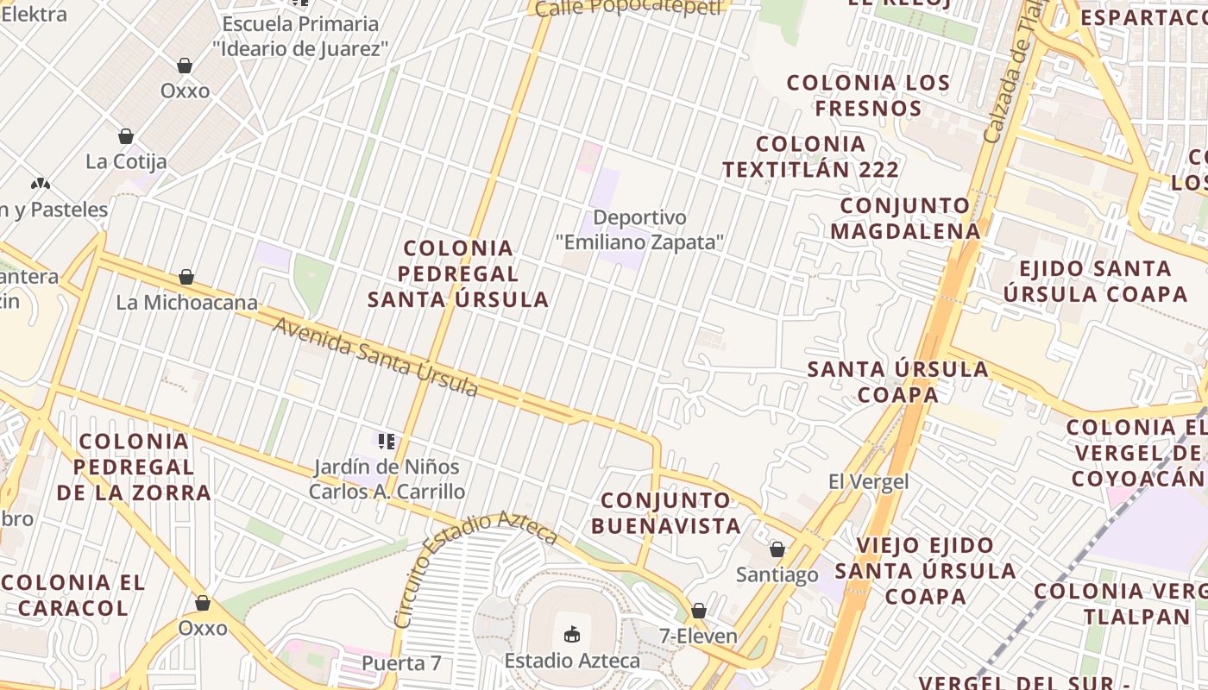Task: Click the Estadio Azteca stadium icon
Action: [571, 635]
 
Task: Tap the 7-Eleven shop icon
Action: [699, 611]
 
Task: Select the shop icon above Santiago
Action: [777, 549]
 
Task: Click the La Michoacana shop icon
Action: [186, 277]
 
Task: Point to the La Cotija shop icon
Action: [126, 136]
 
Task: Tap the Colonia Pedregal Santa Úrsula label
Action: [458, 273]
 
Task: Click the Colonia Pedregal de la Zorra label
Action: [134, 467]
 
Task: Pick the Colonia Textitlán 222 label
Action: [810, 156]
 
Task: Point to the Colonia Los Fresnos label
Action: [868, 96]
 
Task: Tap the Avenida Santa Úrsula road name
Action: [376, 356]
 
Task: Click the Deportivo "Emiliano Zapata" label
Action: [639, 230]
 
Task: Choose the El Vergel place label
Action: [868, 481]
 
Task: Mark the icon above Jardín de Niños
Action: [387, 442]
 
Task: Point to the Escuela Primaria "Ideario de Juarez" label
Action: [300, 36]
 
